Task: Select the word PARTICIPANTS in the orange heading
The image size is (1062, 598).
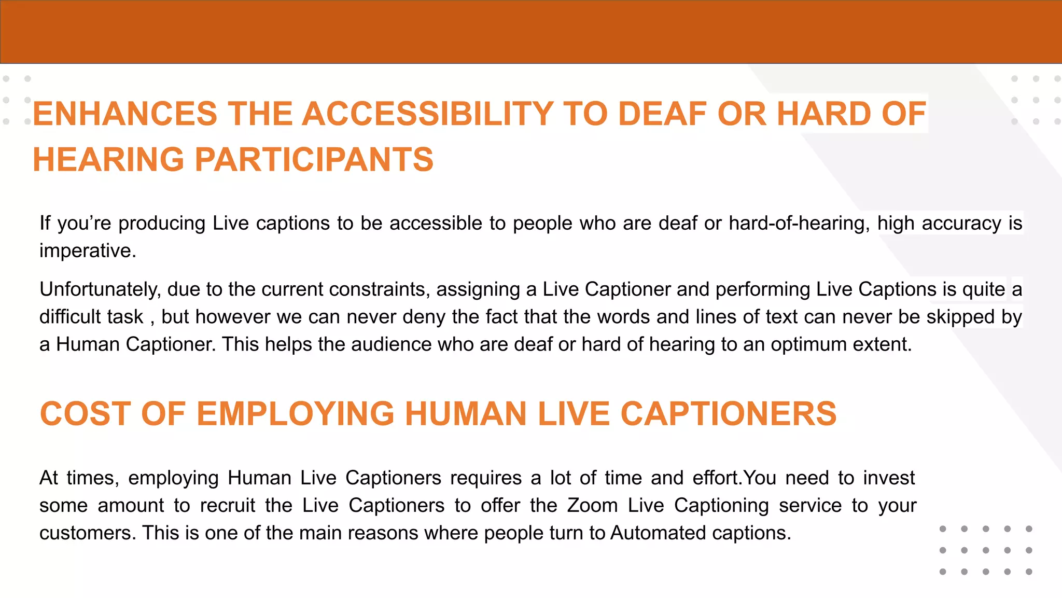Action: click(314, 159)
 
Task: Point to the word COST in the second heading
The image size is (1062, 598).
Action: click(86, 414)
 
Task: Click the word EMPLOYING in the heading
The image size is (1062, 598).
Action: click(296, 414)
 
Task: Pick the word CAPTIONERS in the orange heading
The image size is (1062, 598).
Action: click(729, 414)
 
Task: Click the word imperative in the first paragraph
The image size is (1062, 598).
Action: click(87, 251)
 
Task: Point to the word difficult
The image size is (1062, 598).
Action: click(91, 317)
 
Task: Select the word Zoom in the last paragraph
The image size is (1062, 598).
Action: click(592, 506)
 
